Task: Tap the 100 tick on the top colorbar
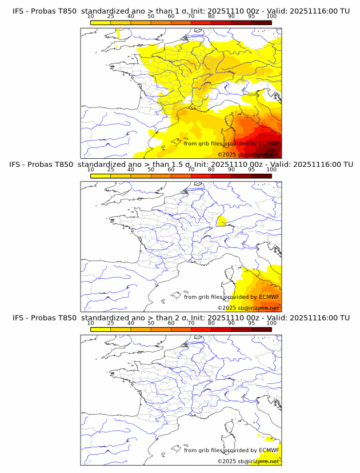[x=271, y=17]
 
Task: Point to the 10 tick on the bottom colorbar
[x=91, y=323]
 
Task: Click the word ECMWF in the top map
[x=269, y=143]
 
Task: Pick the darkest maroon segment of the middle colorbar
[x=261, y=177]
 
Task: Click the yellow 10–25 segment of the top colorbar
[x=101, y=23]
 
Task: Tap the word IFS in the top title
[x=19, y=11]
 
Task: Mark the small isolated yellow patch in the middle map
[x=222, y=221]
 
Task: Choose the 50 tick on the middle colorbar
[x=151, y=170]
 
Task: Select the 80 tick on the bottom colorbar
[x=211, y=323]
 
